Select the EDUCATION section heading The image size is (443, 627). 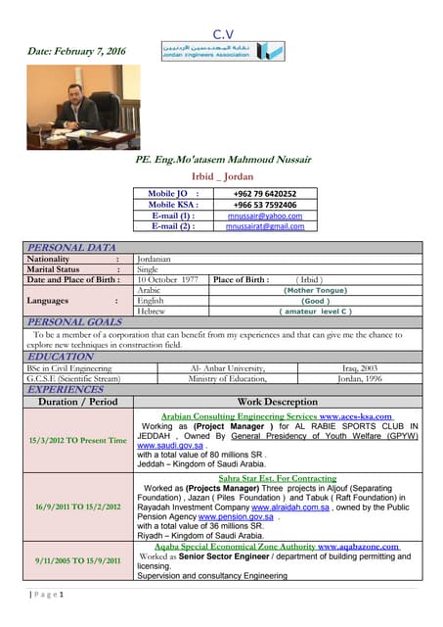pos(60,358)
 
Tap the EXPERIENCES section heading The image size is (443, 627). pos(65,389)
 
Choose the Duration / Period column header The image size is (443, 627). pos(77,402)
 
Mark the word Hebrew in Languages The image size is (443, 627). pos(152,312)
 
